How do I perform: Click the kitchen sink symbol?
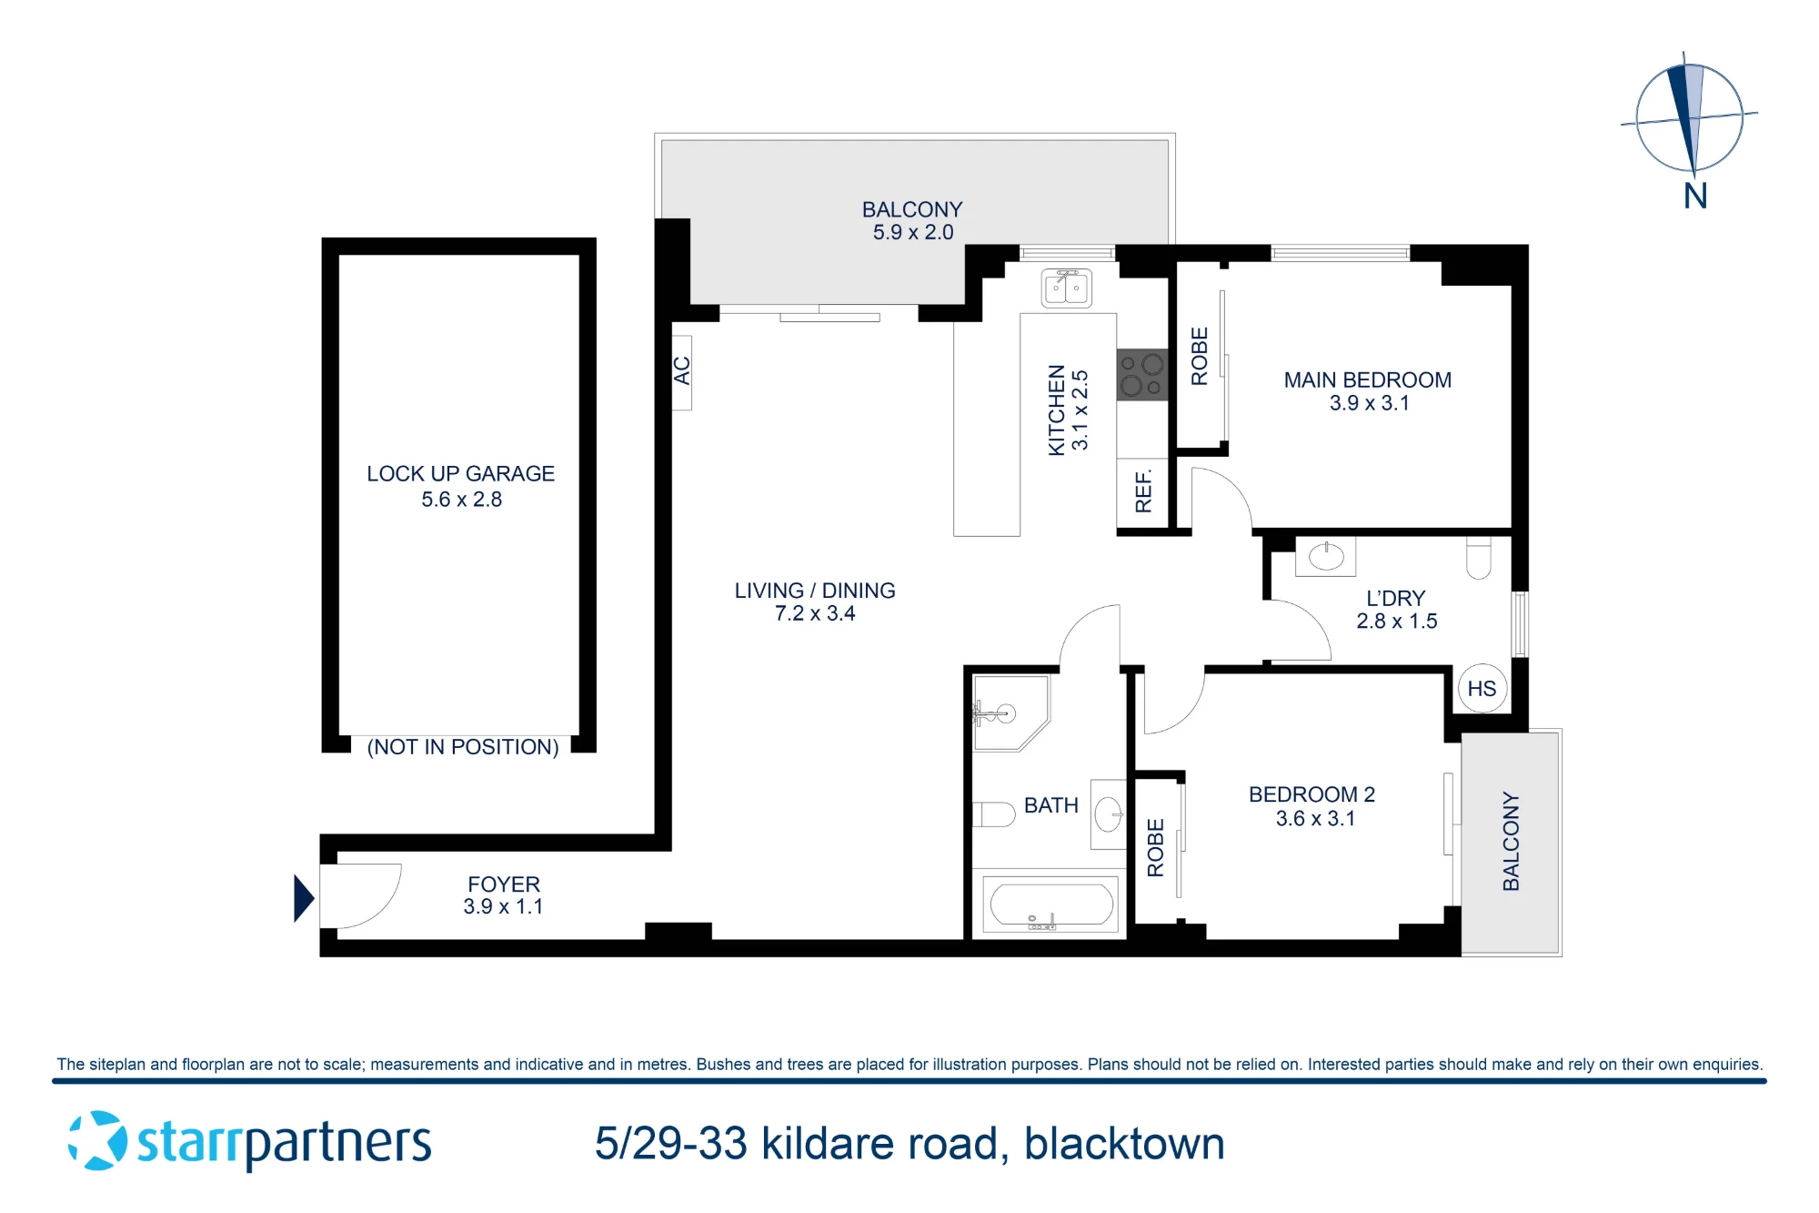(x=1066, y=288)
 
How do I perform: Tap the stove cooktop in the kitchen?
(x=1142, y=374)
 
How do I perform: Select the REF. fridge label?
(x=1143, y=491)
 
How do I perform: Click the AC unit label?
(x=682, y=371)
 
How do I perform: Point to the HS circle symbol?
(x=1482, y=689)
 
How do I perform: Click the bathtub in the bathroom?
(x=1050, y=905)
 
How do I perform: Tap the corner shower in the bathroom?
(x=1010, y=713)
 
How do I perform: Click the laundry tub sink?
(x=1325, y=556)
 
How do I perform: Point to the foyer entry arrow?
(x=304, y=898)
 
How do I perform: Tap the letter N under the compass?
(x=1695, y=196)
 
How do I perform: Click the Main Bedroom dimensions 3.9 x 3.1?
(x=1369, y=403)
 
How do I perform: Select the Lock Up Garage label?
(x=460, y=474)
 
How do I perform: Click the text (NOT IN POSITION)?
(x=463, y=747)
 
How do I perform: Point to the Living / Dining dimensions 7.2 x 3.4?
(x=815, y=613)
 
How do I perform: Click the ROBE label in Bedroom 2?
(x=1156, y=847)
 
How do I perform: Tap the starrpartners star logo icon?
(x=98, y=1140)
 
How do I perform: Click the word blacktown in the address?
(x=1124, y=1144)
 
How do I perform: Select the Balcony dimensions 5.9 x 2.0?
(x=913, y=233)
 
